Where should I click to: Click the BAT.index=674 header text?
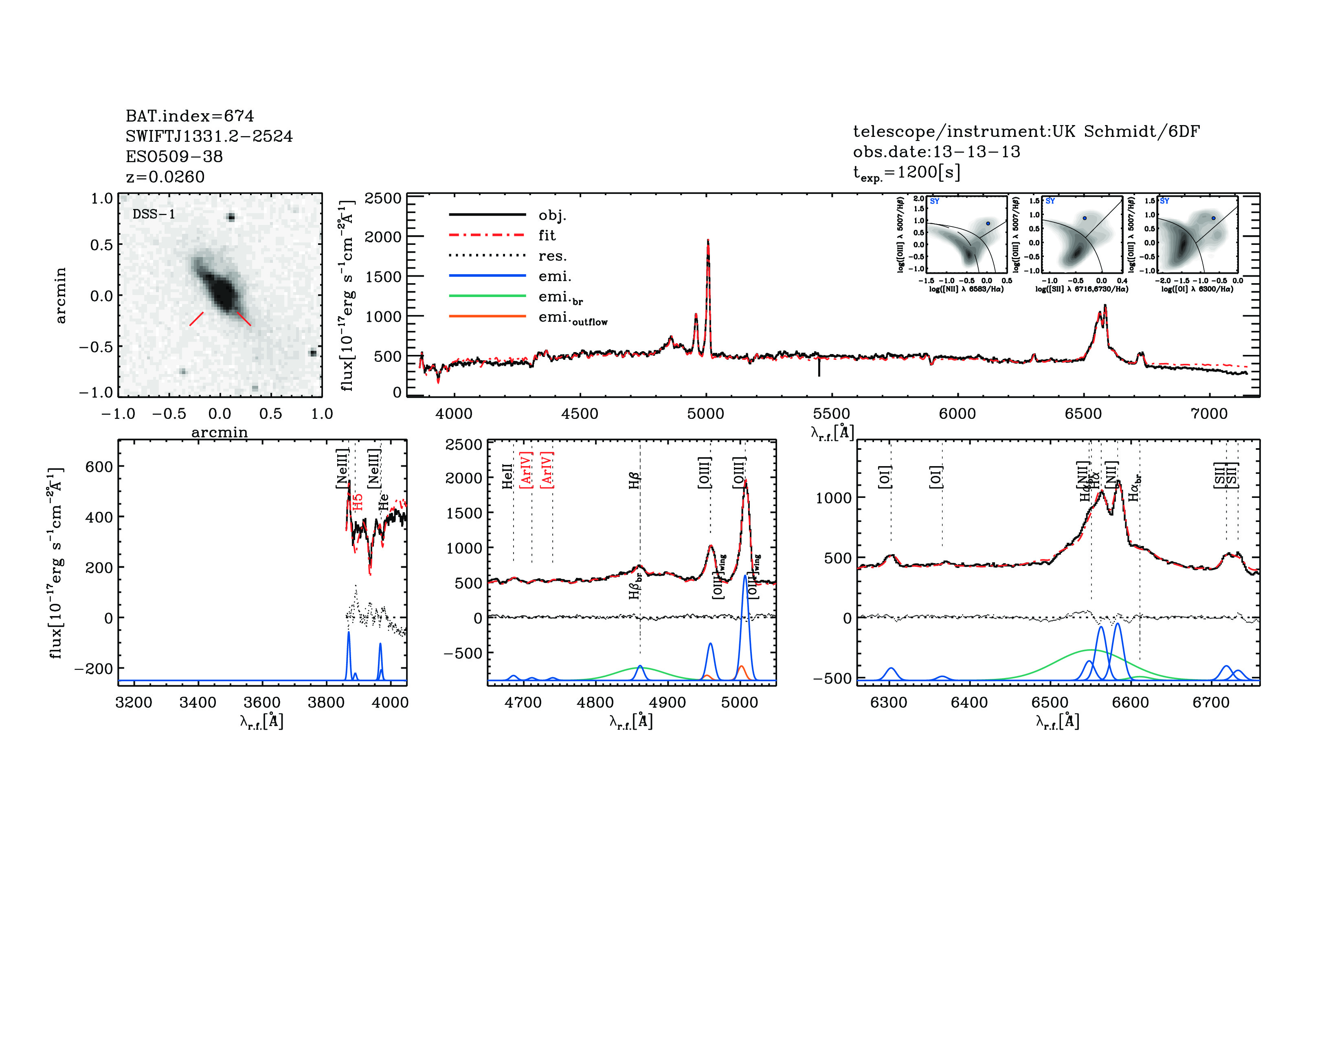tap(189, 116)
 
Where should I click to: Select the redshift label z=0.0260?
tap(165, 177)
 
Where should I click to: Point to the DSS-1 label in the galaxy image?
tap(154, 214)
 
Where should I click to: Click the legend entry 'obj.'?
tap(552, 216)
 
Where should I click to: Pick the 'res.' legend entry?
tap(552, 256)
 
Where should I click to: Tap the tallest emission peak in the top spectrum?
tap(708, 241)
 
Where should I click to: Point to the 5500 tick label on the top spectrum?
tap(831, 414)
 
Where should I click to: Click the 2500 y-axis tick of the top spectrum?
tap(383, 198)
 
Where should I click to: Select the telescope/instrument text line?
tap(1026, 131)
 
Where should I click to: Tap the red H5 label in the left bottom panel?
tap(358, 502)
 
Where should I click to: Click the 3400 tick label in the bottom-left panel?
tap(198, 702)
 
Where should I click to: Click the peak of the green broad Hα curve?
tap(1090, 650)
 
